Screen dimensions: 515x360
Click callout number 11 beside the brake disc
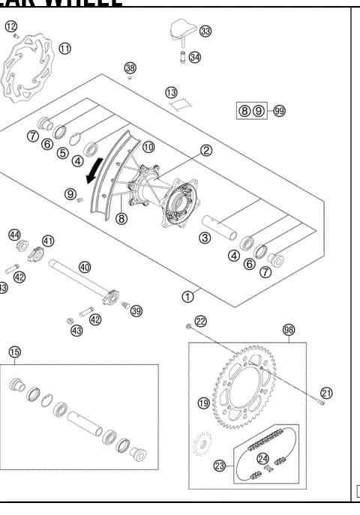[65, 48]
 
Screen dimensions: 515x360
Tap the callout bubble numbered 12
[10, 27]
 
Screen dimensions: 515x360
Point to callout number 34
[195, 57]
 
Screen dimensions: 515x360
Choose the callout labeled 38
[130, 68]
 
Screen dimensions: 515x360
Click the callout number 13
[172, 92]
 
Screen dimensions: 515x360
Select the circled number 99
[280, 110]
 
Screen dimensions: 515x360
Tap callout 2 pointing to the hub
[206, 150]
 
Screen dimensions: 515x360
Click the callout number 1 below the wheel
[188, 295]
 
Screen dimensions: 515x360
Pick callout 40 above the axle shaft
[85, 267]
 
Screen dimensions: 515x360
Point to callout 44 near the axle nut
[13, 235]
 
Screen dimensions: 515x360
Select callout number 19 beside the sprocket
[203, 403]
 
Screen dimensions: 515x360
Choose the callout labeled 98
[289, 329]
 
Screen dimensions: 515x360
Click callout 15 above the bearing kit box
[14, 352]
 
